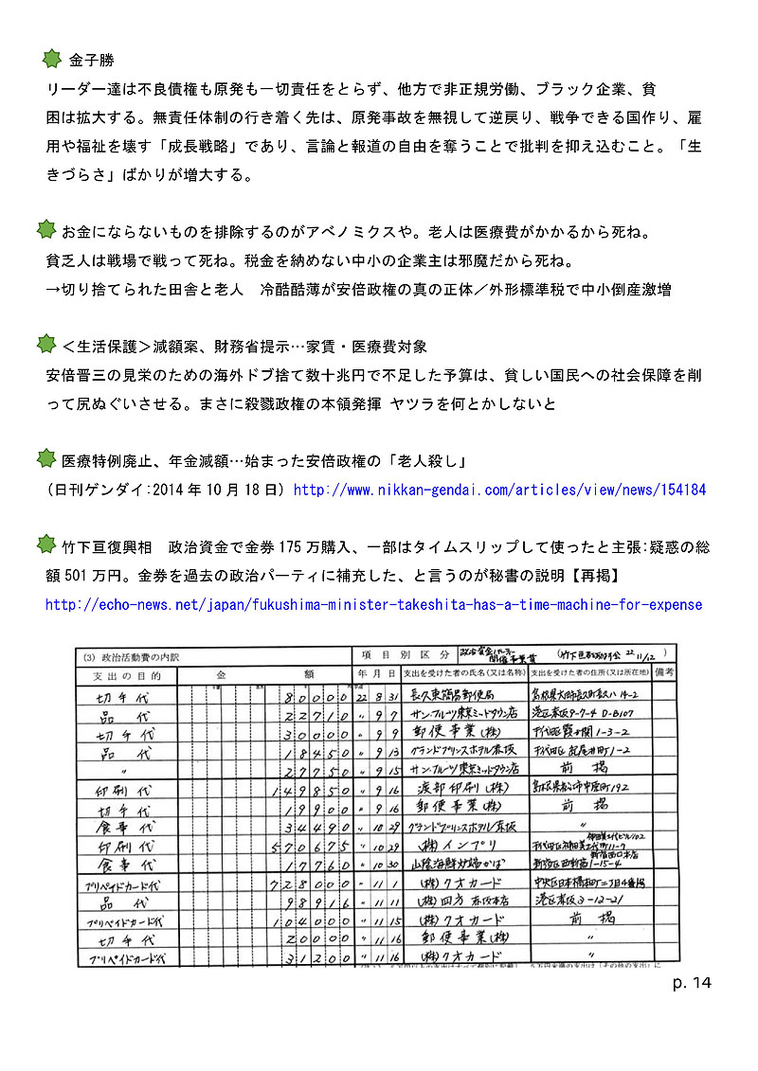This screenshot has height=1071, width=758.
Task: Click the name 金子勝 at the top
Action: (x=91, y=61)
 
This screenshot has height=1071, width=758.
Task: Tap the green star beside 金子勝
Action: (x=53, y=59)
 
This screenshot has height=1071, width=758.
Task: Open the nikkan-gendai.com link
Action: (x=499, y=491)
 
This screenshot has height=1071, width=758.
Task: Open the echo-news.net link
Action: (x=373, y=604)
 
